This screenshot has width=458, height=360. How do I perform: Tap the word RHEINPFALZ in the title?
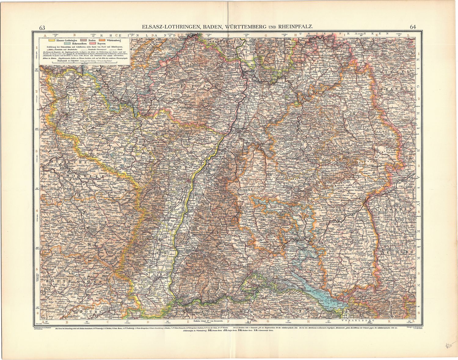click(x=295, y=27)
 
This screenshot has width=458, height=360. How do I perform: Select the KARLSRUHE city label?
click(x=239, y=128)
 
